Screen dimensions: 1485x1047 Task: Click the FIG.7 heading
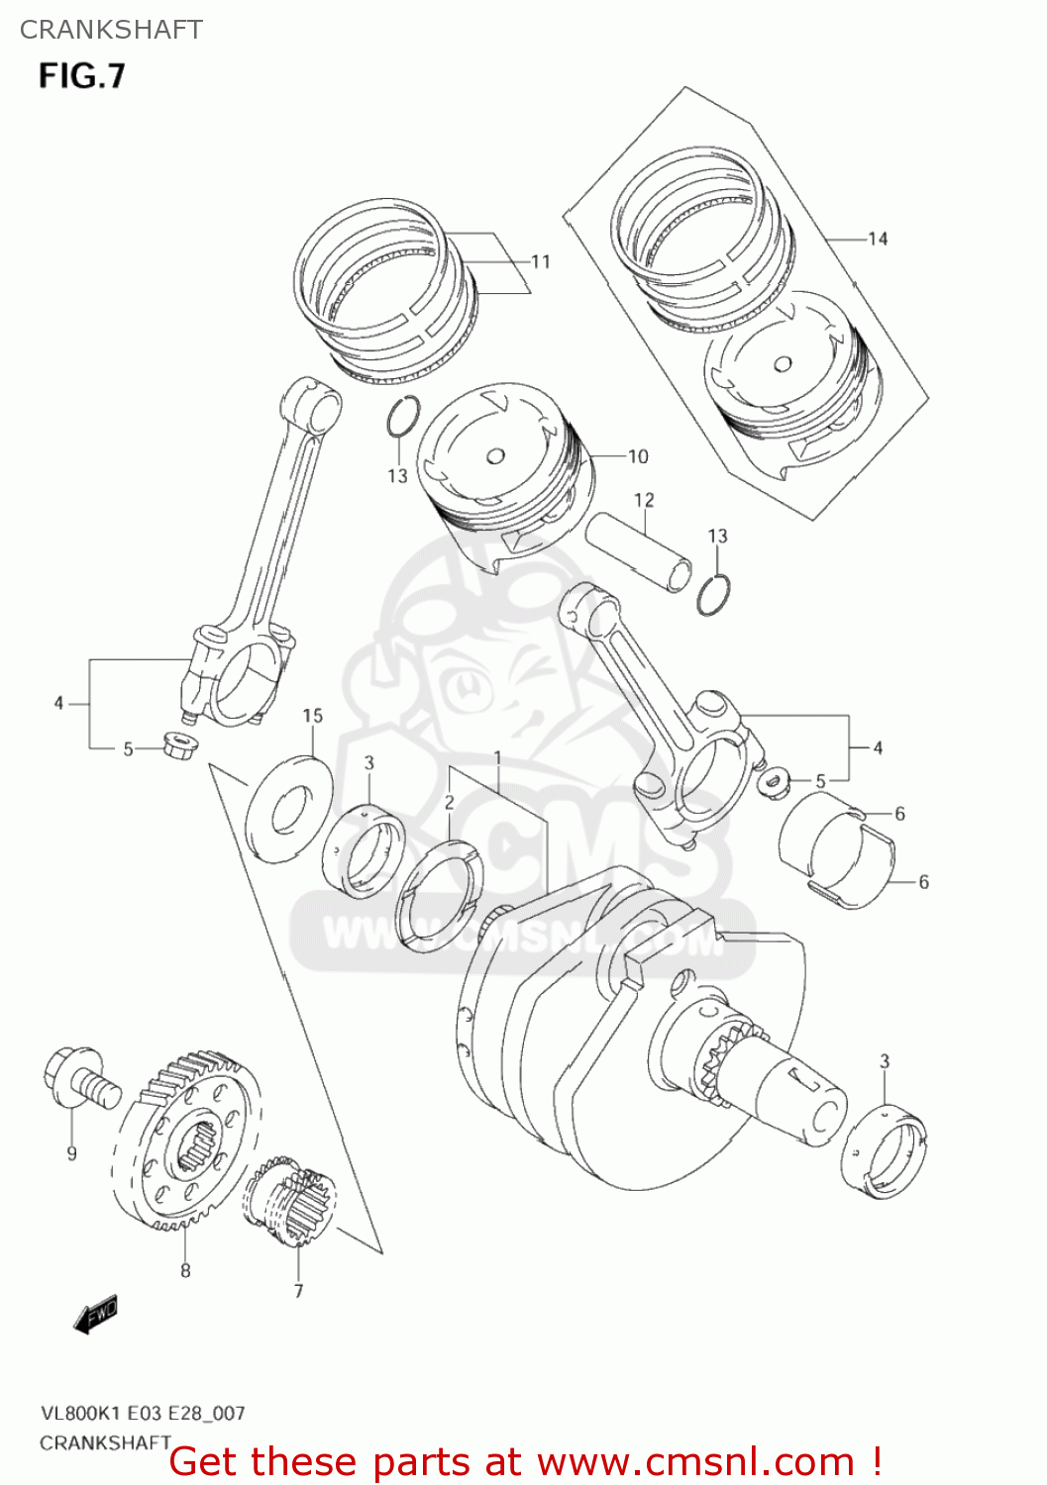[82, 76]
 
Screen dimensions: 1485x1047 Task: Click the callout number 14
[877, 239]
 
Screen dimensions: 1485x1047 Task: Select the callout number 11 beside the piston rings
[540, 262]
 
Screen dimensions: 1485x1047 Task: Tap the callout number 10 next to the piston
[638, 456]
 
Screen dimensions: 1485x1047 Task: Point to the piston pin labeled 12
[636, 551]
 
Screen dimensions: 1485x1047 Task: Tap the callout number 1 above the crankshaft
[497, 758]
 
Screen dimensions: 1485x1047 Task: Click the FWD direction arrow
[96, 1316]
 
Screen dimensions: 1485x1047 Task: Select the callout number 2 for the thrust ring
[449, 803]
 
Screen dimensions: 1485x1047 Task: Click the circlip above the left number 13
[402, 416]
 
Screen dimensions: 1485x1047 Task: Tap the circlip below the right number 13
[713, 594]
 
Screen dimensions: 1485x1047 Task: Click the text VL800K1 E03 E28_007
[142, 1413]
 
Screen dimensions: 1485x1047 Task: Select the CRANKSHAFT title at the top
[111, 30]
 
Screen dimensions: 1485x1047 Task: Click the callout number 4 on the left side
[58, 703]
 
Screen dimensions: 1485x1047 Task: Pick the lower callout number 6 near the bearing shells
[923, 882]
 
